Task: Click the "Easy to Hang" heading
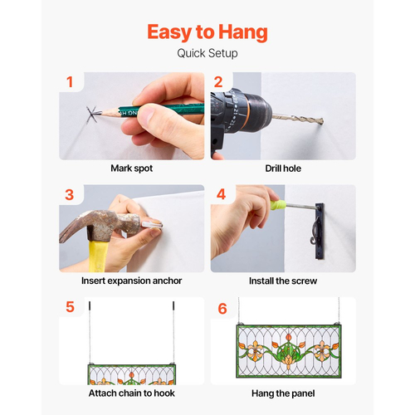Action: (207, 32)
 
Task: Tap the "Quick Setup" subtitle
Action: (207, 53)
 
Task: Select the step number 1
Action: (70, 82)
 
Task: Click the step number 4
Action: (221, 194)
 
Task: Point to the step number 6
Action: (222, 309)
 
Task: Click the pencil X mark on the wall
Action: (92, 115)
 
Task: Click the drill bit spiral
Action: (298, 119)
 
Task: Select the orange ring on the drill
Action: (247, 111)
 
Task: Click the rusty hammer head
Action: (102, 223)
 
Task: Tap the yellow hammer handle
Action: (99, 256)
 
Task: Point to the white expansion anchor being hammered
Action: (152, 224)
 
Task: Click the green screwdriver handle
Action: (278, 205)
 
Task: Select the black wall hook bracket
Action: (320, 231)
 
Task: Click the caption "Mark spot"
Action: (132, 168)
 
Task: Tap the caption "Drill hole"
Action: (283, 168)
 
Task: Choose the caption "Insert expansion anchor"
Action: (132, 281)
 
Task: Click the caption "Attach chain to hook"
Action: (132, 393)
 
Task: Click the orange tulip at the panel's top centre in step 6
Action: (289, 338)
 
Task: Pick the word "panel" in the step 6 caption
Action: (305, 393)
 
